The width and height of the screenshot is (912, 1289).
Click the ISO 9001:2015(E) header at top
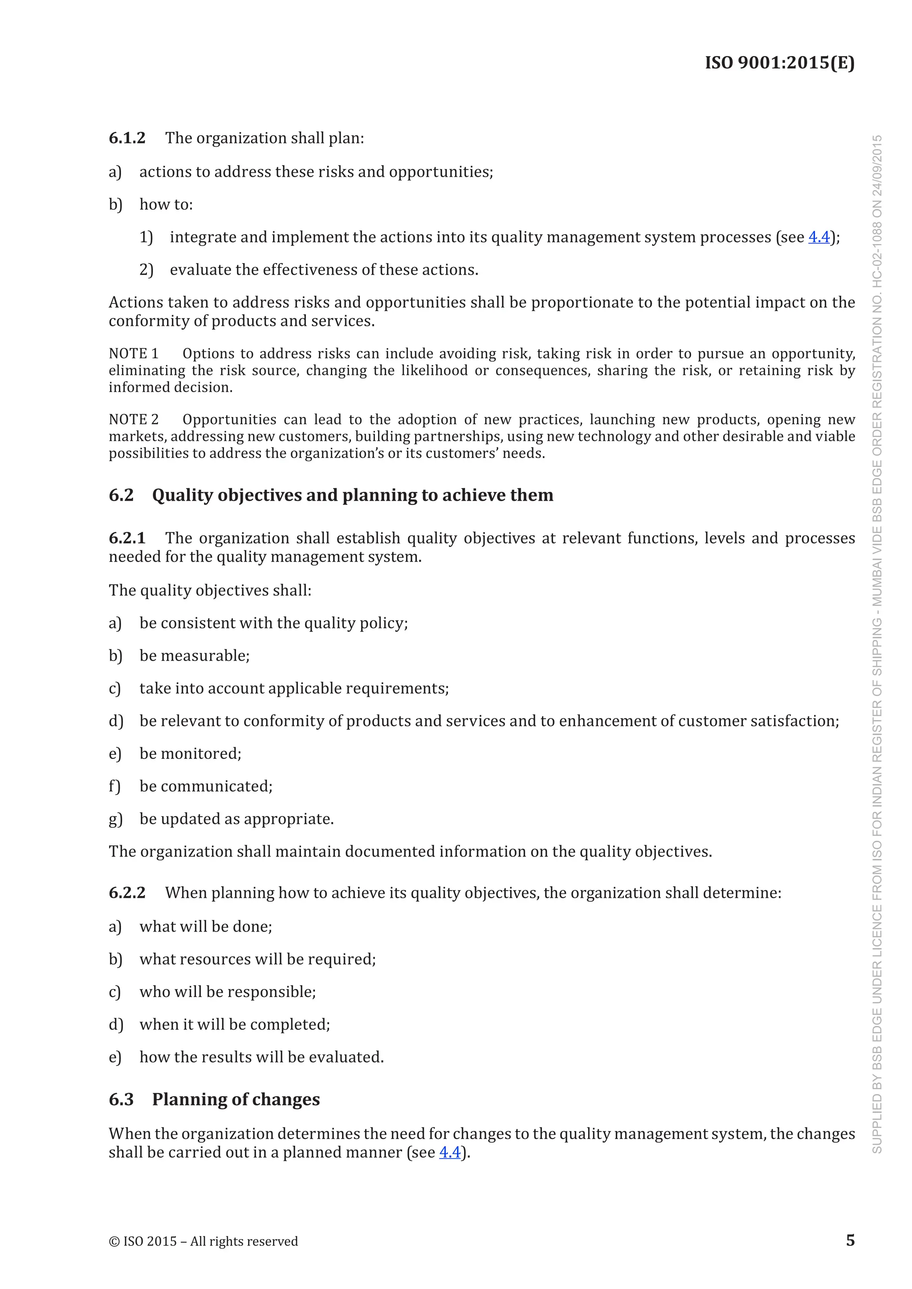click(x=779, y=62)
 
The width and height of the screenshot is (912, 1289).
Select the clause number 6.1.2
click(x=127, y=138)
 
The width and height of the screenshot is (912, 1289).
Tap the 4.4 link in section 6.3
click(x=449, y=1152)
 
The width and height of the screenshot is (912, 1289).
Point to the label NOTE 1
click(x=134, y=354)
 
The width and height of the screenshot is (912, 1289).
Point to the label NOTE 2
click(x=134, y=419)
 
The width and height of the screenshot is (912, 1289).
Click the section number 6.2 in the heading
click(x=121, y=495)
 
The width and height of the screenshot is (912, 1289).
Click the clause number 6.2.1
click(x=127, y=539)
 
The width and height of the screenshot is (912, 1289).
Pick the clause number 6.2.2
click(x=127, y=893)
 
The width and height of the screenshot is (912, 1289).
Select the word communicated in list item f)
click(x=216, y=786)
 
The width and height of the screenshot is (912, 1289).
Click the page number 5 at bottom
click(x=850, y=1240)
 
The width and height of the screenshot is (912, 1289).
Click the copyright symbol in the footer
click(x=114, y=1241)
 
